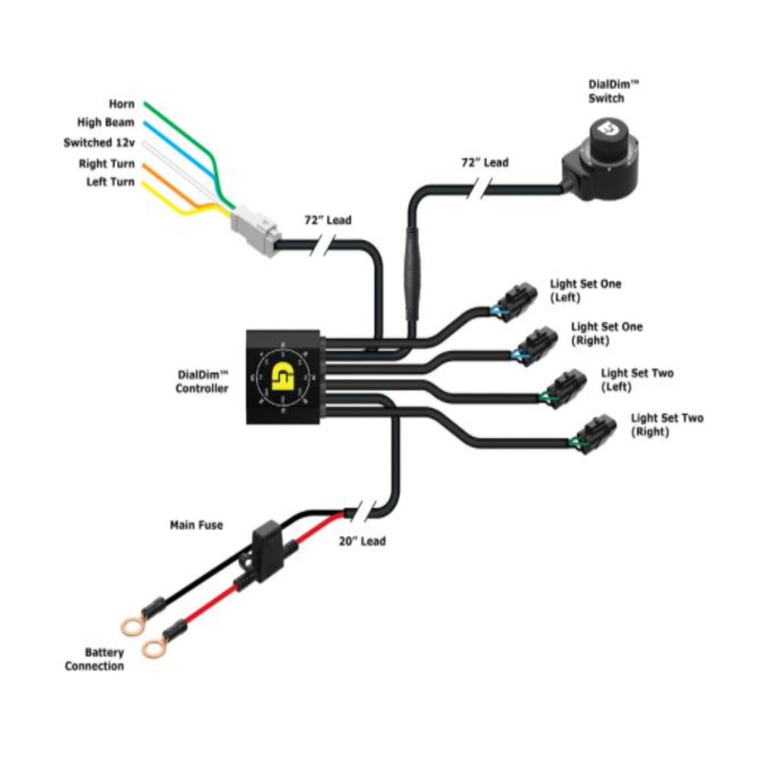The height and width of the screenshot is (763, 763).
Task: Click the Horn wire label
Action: coord(122,104)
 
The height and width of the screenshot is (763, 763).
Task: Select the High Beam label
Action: coord(106,123)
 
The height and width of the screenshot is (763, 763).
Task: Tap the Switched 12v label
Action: coord(99,143)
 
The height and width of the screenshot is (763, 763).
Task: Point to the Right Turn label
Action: coord(107,164)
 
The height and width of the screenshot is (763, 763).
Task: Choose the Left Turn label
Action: coord(110,182)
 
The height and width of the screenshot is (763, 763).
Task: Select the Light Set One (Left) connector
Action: coord(515,300)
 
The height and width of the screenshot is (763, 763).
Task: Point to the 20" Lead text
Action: coord(362,541)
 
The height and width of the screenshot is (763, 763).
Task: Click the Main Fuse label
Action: coord(196,525)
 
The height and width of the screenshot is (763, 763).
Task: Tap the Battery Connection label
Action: coord(94,659)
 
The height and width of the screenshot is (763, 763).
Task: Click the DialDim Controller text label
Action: coord(202,381)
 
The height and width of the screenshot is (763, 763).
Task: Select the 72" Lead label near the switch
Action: coord(485,163)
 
